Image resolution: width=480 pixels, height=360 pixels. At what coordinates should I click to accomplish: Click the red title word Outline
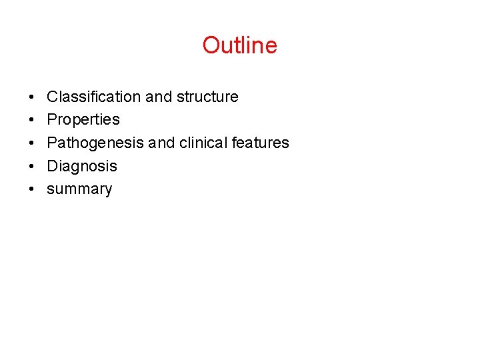(x=240, y=45)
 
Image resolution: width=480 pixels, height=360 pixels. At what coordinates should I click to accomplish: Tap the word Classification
(x=94, y=97)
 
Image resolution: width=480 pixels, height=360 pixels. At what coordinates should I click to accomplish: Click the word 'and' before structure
(x=159, y=97)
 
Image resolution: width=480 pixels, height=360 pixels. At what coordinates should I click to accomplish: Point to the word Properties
(x=83, y=119)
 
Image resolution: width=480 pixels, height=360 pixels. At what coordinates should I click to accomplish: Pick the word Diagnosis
(x=82, y=166)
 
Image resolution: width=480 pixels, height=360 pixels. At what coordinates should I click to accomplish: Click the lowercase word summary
(x=79, y=189)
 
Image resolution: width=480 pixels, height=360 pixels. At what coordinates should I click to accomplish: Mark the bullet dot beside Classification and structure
(x=32, y=97)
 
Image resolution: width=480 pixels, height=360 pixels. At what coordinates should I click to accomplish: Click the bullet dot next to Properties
(x=32, y=120)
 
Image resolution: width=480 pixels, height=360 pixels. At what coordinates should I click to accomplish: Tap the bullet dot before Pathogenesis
(x=32, y=143)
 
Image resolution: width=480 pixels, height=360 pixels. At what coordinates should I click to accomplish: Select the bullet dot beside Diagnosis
(x=32, y=167)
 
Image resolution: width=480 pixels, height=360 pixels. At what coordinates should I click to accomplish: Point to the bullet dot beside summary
(x=32, y=189)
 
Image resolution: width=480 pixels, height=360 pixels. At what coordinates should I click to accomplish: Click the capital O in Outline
(x=211, y=45)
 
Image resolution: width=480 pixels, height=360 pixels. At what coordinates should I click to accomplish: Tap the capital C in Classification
(x=52, y=97)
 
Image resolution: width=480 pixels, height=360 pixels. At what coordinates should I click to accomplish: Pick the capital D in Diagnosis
(x=52, y=166)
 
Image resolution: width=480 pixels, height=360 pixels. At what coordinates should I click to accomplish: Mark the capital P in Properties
(x=52, y=119)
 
